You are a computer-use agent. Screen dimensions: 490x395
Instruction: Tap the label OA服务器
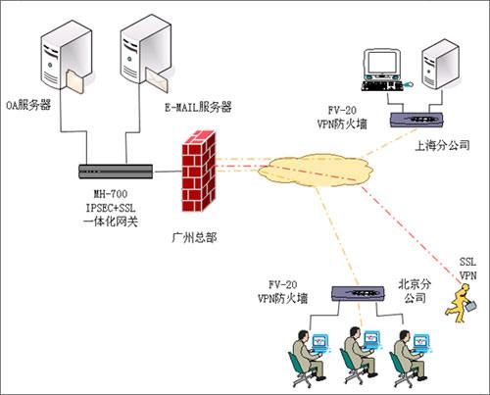point(28,105)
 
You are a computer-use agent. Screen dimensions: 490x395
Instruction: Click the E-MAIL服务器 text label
point(198,107)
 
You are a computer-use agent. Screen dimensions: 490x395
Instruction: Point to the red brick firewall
point(199,171)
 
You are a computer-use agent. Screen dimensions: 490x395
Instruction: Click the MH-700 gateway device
point(116,172)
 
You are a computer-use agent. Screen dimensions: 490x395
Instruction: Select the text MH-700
point(111,194)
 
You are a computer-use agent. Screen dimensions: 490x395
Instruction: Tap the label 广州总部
point(194,237)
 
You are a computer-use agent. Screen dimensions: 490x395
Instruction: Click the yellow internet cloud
point(316,171)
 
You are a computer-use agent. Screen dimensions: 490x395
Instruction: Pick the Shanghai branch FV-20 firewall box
point(416,120)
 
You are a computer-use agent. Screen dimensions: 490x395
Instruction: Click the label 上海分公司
point(442,145)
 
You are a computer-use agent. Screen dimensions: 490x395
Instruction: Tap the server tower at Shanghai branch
point(441,65)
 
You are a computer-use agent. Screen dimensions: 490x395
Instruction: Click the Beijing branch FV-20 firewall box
point(358,293)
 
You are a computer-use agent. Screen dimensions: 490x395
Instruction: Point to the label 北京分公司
point(415,291)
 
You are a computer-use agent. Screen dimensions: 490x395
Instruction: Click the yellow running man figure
point(462,303)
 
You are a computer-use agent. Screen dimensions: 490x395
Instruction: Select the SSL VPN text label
point(468,269)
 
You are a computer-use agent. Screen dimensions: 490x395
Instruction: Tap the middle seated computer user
point(360,357)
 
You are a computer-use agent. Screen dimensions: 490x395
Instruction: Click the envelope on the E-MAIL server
point(157,80)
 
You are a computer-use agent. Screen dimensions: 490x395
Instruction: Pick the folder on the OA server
point(75,82)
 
